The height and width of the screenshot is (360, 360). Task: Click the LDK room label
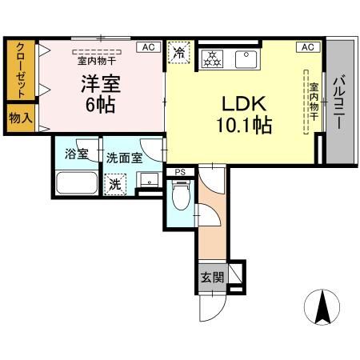243,106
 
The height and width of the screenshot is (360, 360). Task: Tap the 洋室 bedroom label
98,82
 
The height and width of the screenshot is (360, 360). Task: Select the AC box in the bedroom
148,47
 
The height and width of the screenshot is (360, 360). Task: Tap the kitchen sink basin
243,58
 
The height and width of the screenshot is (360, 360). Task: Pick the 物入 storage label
20,118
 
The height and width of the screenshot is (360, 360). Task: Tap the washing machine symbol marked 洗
116,184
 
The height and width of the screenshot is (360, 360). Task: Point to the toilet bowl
181,194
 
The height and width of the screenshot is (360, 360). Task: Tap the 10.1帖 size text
243,126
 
